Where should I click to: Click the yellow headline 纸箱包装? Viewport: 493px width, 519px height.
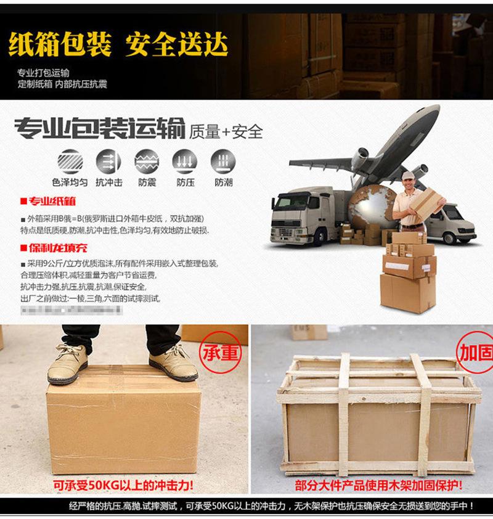click(x=60, y=44)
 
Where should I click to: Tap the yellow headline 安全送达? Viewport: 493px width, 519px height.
click(x=177, y=44)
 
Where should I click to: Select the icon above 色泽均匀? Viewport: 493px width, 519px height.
click(x=69, y=161)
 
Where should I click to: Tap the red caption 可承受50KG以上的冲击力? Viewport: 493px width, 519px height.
click(x=123, y=485)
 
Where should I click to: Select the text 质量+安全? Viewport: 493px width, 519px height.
click(x=226, y=131)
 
